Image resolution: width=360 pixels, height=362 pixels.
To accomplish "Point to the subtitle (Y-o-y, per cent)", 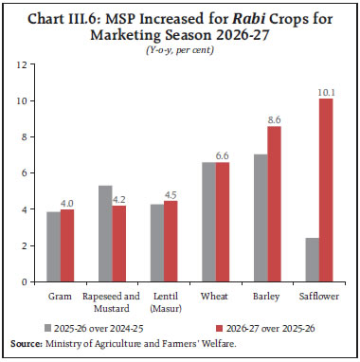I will [x=180, y=47].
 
